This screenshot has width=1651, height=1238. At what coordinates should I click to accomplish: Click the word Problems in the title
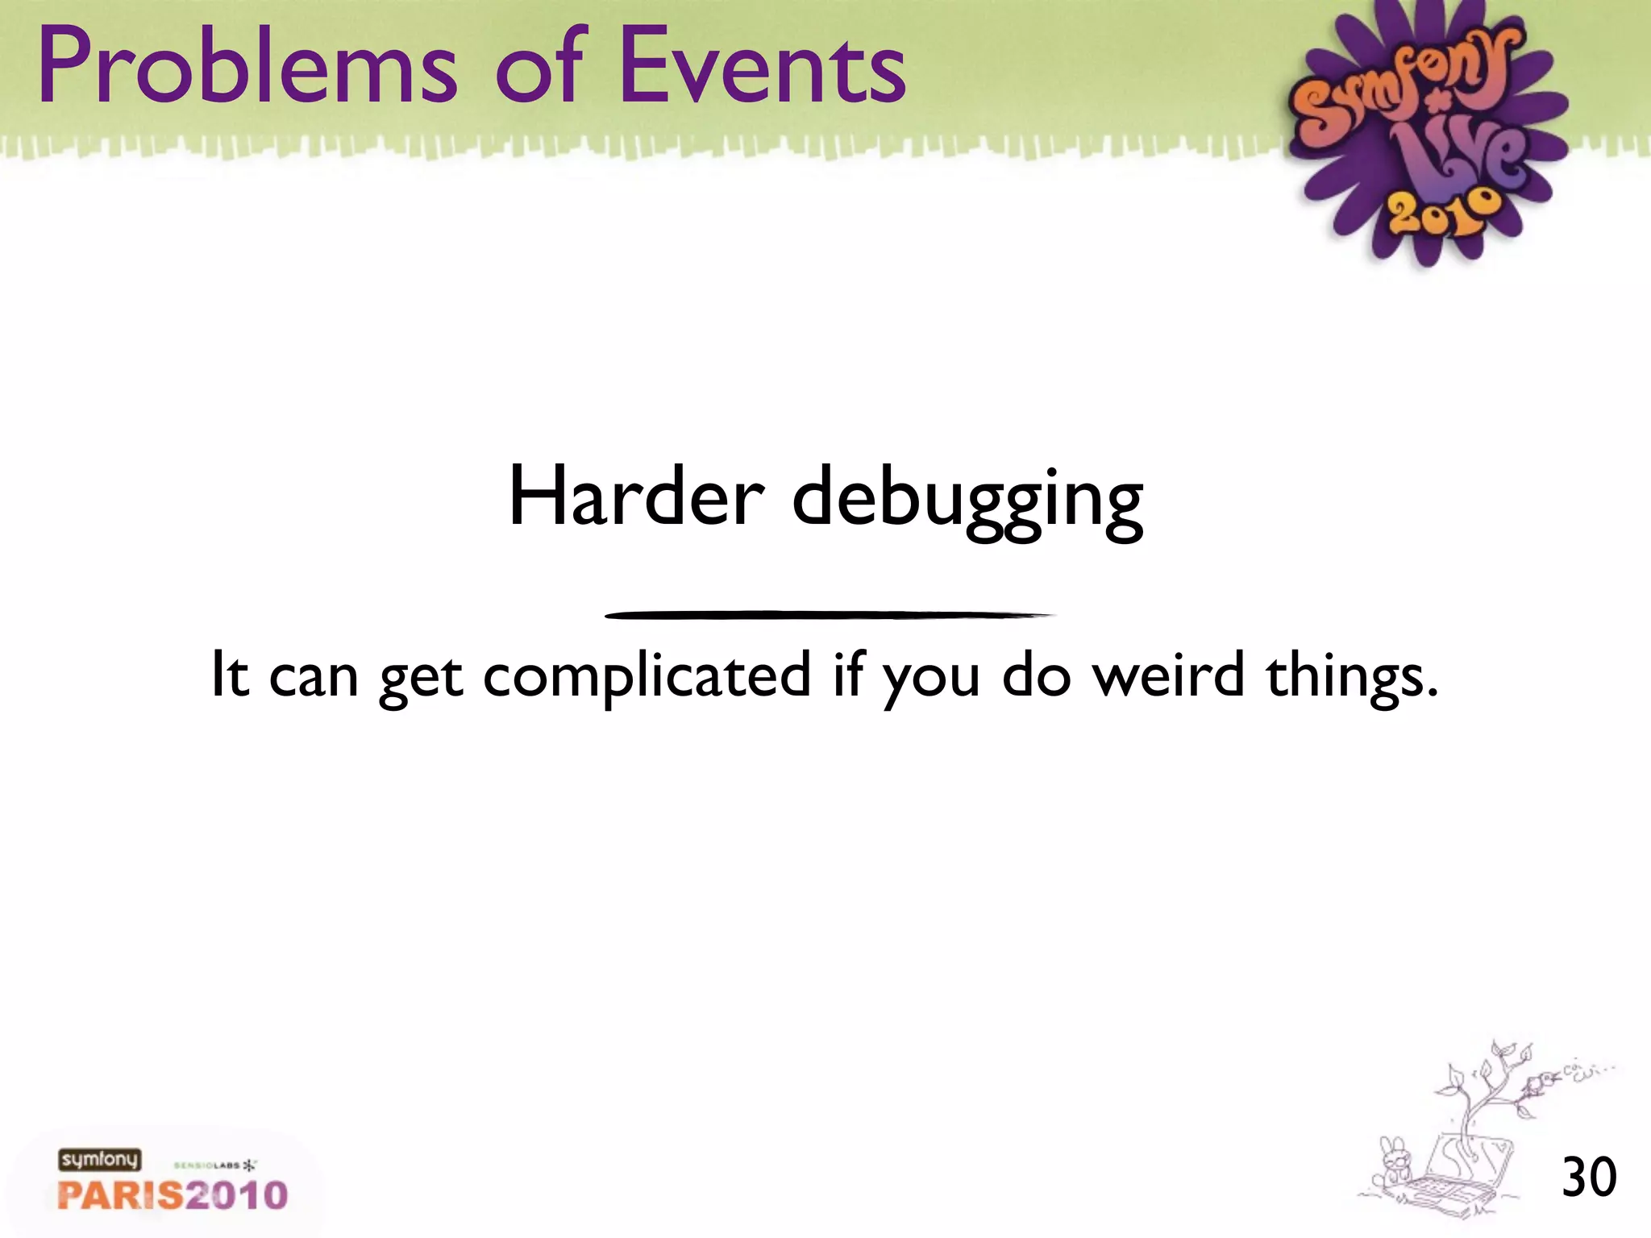247,69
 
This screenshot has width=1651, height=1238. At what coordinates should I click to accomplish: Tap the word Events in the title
763,69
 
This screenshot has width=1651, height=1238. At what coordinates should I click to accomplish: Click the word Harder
636,497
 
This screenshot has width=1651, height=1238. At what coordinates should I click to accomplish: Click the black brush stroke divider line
829,615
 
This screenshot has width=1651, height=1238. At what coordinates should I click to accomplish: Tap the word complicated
647,677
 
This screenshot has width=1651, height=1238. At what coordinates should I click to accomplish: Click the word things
1351,677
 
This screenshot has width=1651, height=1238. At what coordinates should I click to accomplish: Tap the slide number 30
1589,1178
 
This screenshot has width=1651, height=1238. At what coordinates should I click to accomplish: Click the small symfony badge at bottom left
99,1160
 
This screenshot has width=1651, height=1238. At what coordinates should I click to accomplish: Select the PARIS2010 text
173,1194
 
